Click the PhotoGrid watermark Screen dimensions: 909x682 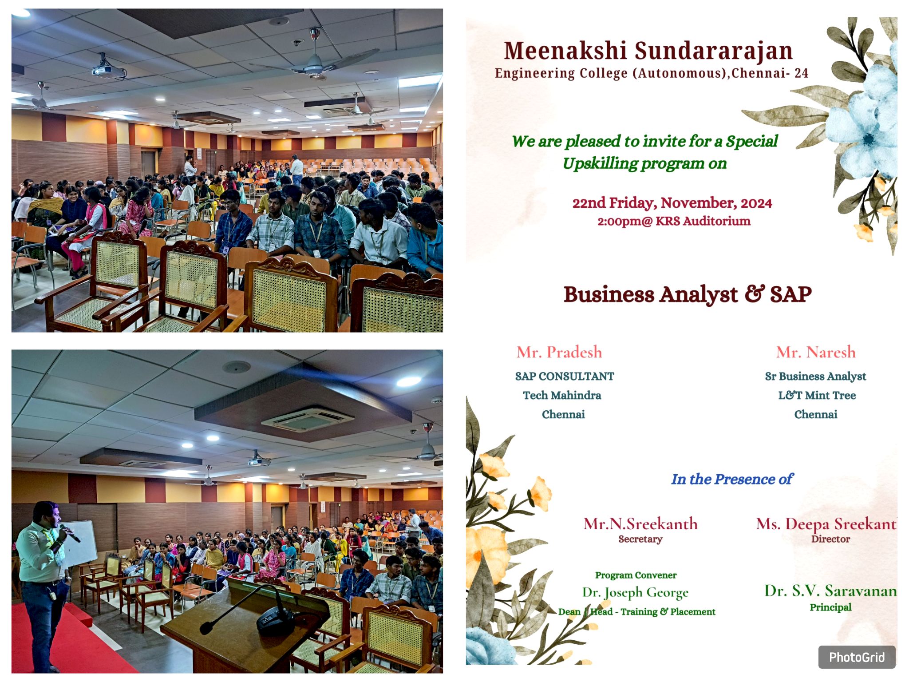click(x=856, y=657)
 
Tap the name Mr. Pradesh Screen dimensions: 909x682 click(x=559, y=352)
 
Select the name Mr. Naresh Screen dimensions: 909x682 click(x=816, y=352)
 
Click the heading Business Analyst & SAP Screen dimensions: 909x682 click(x=688, y=294)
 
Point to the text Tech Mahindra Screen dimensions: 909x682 click(x=562, y=395)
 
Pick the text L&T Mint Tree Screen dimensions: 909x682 click(x=817, y=395)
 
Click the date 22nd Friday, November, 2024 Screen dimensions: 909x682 click(x=672, y=203)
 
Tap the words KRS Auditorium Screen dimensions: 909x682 click(x=703, y=221)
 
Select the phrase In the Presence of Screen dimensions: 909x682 click(x=732, y=479)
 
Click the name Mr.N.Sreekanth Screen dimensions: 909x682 click(x=640, y=524)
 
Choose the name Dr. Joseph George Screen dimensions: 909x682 click(x=636, y=592)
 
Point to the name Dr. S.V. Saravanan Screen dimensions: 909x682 click(x=830, y=591)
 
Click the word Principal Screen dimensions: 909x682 click(x=830, y=607)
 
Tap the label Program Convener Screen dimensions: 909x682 click(x=636, y=575)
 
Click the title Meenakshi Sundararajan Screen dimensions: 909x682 click(x=648, y=51)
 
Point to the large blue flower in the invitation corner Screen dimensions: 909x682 click(x=863, y=129)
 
